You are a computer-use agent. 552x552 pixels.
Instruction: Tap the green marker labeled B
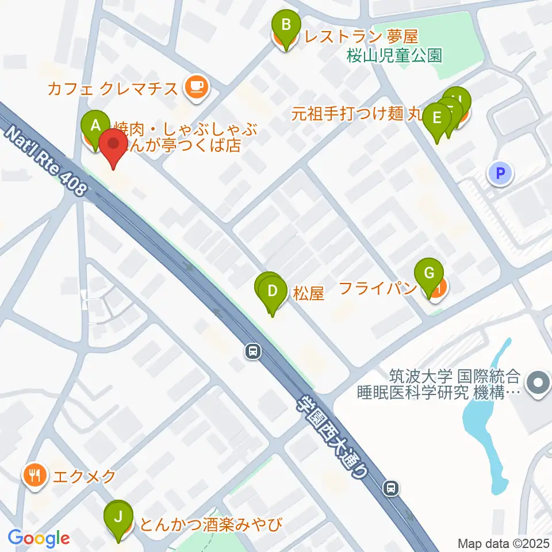click(286, 26)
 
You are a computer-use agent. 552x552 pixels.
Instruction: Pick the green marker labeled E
click(437, 119)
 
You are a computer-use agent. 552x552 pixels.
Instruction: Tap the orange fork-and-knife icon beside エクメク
click(35, 476)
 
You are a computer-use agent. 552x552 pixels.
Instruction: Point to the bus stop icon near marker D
click(252, 351)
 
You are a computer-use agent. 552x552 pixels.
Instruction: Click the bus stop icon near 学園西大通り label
click(391, 488)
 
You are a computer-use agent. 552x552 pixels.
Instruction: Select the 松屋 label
click(309, 294)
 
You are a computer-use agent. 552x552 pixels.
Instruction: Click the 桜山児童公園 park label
click(394, 55)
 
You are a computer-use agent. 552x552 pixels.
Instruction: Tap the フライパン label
click(377, 287)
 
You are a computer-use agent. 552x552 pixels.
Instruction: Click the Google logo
click(39, 538)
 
